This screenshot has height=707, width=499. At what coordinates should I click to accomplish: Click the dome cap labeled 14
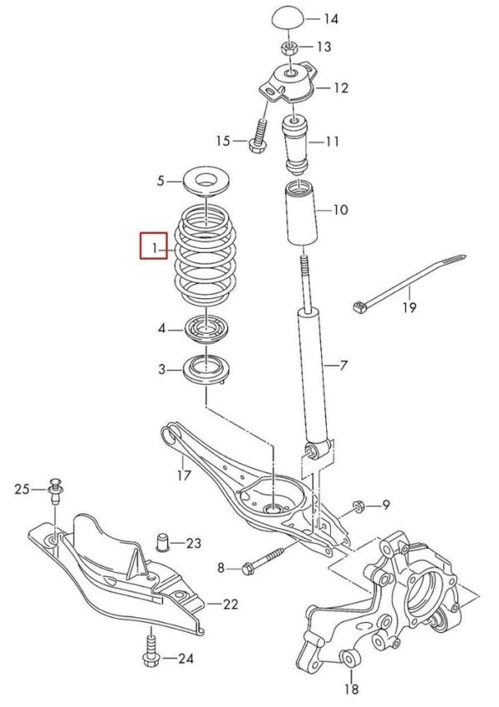[x=288, y=20]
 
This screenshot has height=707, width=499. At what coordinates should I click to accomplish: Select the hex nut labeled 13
[x=290, y=47]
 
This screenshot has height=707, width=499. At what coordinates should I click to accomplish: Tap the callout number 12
[x=341, y=87]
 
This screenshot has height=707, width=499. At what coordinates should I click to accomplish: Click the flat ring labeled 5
[x=207, y=182]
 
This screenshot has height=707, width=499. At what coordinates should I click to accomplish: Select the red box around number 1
[x=154, y=246]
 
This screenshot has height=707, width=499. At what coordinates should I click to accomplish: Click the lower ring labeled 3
[x=205, y=370]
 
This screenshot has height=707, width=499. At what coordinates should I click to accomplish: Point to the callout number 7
[x=343, y=366]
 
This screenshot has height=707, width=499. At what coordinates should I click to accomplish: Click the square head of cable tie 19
[x=359, y=307]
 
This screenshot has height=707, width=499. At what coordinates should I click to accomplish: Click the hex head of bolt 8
[x=248, y=569]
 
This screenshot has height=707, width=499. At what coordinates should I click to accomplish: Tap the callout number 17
[x=184, y=475]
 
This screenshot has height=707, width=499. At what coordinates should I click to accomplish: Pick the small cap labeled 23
[x=162, y=543]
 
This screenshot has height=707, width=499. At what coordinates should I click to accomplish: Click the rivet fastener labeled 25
[x=55, y=492]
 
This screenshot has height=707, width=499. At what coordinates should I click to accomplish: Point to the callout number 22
[x=230, y=605]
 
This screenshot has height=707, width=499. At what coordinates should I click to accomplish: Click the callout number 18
[x=352, y=689]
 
